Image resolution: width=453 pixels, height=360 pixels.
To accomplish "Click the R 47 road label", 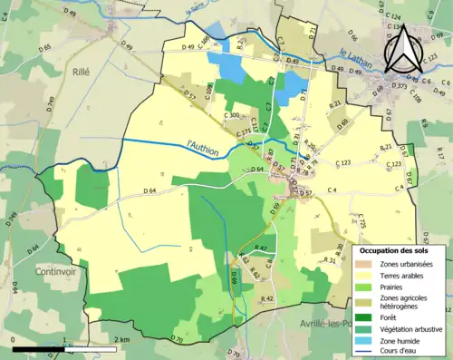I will (261, 248).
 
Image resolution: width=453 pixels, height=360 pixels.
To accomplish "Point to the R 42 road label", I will (266, 298).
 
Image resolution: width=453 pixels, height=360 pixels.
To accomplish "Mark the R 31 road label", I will (330, 260).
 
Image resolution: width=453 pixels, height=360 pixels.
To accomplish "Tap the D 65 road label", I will (46, 46).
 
